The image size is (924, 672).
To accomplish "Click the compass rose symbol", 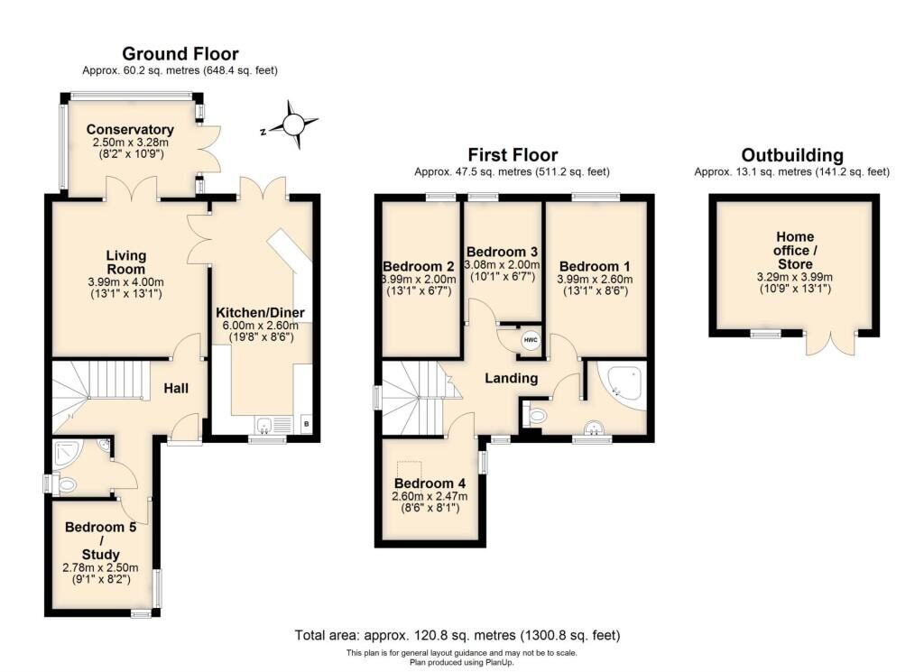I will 293,123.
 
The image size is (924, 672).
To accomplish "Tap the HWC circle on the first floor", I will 531,340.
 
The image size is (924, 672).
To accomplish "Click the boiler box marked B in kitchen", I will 306,424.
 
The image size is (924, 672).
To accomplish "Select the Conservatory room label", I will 132,130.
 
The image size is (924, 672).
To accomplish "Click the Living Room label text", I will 125,262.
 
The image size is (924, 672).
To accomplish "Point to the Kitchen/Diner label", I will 260,313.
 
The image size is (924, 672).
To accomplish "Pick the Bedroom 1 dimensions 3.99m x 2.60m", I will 596,281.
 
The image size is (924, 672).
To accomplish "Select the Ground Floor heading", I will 180,54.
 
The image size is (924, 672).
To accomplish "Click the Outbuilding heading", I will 791,155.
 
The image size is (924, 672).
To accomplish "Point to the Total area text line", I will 457,635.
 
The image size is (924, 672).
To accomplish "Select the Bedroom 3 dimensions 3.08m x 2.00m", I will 501,265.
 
